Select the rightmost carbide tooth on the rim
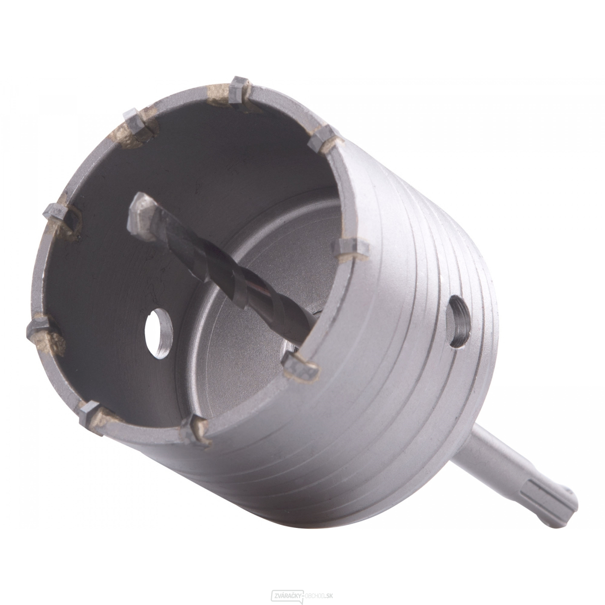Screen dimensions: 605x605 point(351,248)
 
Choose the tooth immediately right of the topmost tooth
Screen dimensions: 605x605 point(323,136)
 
